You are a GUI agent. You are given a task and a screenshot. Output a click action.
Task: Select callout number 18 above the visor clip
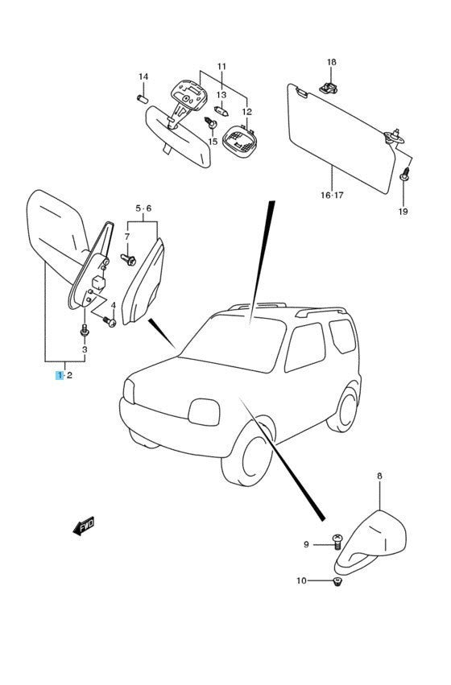coord(332,62)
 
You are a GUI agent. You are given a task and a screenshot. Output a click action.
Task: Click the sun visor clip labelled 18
coord(329,88)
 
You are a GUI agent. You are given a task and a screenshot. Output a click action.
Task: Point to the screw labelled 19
coord(404,175)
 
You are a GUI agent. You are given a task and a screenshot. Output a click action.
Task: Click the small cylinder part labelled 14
coord(143,99)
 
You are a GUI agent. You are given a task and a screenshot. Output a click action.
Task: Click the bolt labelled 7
coord(129,259)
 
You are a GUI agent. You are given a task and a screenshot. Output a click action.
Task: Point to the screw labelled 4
coord(109,321)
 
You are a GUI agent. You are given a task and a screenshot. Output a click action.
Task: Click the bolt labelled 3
coord(85,330)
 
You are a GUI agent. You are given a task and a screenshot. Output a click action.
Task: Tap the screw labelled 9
coord(337,542)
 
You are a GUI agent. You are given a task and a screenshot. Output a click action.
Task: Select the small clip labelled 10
coord(337,580)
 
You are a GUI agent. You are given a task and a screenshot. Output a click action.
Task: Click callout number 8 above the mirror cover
coord(379,476)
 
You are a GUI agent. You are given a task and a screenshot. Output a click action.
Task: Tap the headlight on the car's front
coord(204,412)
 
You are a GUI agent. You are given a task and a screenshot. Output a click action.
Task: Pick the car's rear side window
coord(342,336)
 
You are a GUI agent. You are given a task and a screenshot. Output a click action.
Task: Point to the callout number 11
coord(222,66)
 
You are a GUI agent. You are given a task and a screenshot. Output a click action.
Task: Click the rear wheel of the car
coord(344,407)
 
